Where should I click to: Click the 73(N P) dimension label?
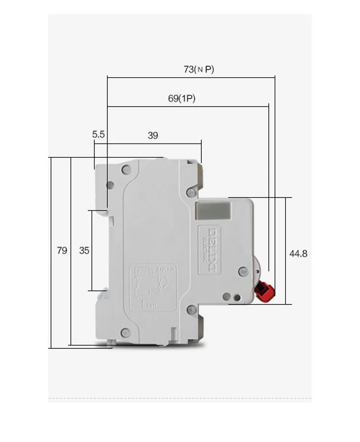click(199, 69)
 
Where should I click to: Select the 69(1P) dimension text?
click(181, 98)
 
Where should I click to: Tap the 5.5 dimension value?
click(98, 135)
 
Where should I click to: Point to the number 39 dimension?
click(153, 135)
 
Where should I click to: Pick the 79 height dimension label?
click(62, 250)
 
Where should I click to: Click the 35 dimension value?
click(84, 250)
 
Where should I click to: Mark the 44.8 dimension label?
click(298, 253)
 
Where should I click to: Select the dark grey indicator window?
click(213, 211)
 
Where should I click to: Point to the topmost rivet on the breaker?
click(126, 169)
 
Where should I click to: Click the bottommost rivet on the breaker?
click(126, 331)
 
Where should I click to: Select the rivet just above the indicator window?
click(192, 193)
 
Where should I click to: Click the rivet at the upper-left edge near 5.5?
click(110, 185)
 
